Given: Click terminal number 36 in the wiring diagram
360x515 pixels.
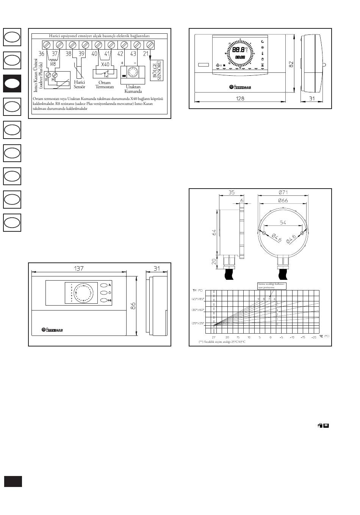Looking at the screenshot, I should [x=41, y=54].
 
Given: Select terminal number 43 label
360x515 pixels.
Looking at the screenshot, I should [x=133, y=54].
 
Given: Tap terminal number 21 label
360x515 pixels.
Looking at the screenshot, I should [x=146, y=54].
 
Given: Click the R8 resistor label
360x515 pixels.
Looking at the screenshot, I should [x=53, y=64].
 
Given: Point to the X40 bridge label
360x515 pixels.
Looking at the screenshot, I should [x=105, y=64].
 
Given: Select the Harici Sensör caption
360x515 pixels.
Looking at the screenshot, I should [x=80, y=84].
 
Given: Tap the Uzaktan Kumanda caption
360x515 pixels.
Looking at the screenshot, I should [x=133, y=89].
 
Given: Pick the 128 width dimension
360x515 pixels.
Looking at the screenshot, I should [x=240, y=98].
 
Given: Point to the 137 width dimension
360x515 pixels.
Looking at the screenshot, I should [x=79, y=268].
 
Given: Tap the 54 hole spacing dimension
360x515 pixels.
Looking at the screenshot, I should [x=283, y=222].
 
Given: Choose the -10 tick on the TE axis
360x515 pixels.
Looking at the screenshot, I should [x=292, y=337].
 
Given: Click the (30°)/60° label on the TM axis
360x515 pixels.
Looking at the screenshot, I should [x=198, y=310].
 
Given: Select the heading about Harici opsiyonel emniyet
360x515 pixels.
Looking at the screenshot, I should [x=99, y=36].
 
